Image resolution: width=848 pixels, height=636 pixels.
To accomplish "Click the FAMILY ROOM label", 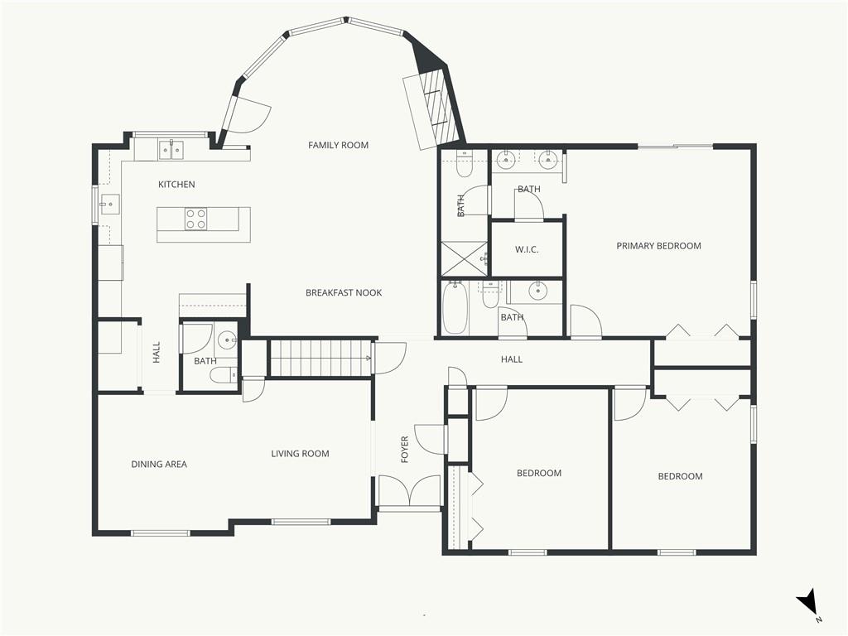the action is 338,145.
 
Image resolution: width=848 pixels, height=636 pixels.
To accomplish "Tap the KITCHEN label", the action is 176,185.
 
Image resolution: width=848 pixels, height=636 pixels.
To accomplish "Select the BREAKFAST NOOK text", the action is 344,292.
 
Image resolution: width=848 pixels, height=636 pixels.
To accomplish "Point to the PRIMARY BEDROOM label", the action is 658,245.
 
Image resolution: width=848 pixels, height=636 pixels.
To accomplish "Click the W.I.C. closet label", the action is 527,250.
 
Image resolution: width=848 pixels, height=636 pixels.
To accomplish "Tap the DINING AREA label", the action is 159,464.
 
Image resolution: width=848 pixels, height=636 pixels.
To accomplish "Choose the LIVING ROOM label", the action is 300,454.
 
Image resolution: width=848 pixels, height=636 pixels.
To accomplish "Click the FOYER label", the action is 404,450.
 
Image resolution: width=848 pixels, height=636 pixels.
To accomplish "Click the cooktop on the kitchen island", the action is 195,219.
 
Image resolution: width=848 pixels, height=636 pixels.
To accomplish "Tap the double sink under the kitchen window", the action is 171,149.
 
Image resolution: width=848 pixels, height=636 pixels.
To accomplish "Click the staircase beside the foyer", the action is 320,358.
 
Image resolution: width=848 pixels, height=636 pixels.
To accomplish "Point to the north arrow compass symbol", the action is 808,604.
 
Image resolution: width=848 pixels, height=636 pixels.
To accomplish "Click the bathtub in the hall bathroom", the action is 455,308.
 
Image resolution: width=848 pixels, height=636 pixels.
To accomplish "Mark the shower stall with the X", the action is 465,258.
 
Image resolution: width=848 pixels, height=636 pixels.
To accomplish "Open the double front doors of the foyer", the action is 409,491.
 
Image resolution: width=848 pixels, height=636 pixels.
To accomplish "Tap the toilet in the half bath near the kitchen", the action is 224,374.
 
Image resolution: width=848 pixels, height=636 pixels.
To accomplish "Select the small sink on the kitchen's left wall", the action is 108,205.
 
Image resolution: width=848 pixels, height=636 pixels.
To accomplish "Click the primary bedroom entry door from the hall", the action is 586,321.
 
